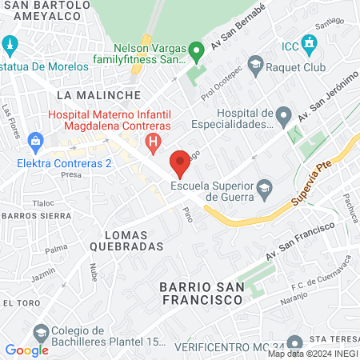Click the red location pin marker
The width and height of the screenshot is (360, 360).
tap(181, 162)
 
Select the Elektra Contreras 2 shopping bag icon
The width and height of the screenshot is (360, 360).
tap(34, 143)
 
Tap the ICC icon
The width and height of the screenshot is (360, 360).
tap(308, 42)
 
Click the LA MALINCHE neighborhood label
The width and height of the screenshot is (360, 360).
tap(83, 95)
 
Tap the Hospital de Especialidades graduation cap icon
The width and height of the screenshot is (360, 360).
tap(282, 118)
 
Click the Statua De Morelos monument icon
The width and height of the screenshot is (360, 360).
tap(10, 45)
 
